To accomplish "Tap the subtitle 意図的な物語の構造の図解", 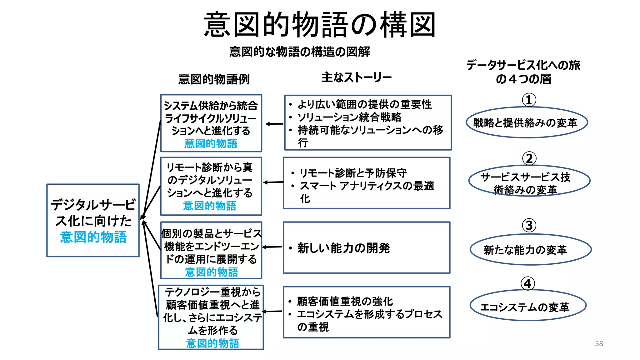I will tap(299, 52).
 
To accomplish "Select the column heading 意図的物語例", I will tap(214, 79).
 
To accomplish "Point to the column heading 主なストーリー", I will tap(356, 77).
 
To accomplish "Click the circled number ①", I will tap(529, 100).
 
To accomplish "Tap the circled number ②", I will tap(529, 158).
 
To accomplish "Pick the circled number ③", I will tap(529, 225).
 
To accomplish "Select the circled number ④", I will tap(528, 284).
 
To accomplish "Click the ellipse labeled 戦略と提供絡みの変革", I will tap(527, 122).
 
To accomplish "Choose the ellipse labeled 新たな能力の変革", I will tap(530, 250).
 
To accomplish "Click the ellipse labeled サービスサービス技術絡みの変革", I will tap(529, 181).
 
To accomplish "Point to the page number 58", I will tap(599, 343).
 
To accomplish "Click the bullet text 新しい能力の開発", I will tap(343, 248).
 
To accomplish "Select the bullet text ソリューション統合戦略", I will tap(349, 117).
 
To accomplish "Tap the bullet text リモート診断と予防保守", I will tap(353, 173).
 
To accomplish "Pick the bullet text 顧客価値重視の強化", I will tap(345, 301).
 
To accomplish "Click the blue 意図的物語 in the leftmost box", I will tap(93, 237).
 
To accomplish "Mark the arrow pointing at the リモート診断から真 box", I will tap(273, 182).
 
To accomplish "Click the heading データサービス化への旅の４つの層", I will tap(523, 72).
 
